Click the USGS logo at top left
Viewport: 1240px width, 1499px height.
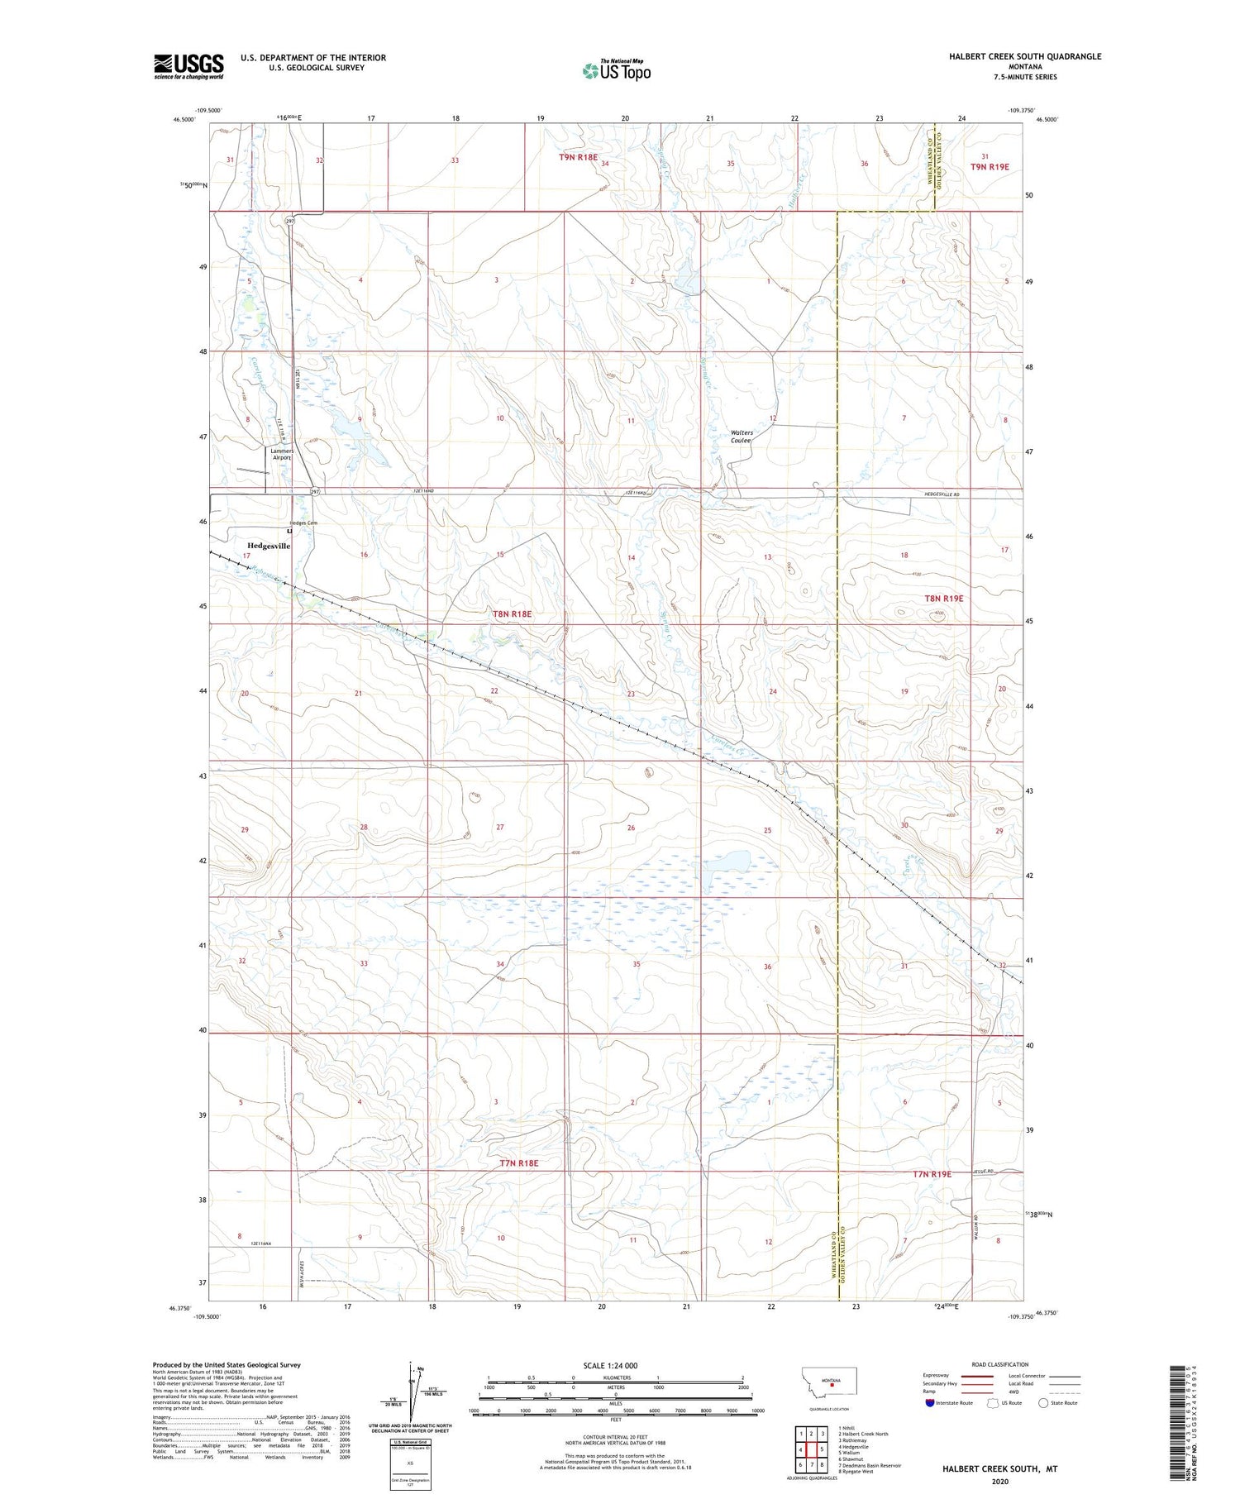pyautogui.click(x=188, y=66)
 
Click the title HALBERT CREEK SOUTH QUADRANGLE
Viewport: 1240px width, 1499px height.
pyautogui.click(x=1025, y=56)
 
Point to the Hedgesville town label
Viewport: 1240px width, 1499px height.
pyautogui.click(x=269, y=546)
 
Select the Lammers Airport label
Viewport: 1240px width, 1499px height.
pyautogui.click(x=282, y=454)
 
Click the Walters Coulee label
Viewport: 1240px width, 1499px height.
pyautogui.click(x=741, y=437)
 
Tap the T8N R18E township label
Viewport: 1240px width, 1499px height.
pyautogui.click(x=513, y=613)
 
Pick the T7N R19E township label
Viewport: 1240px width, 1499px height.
pyautogui.click(x=932, y=1174)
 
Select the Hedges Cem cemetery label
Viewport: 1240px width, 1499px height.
pyautogui.click(x=303, y=523)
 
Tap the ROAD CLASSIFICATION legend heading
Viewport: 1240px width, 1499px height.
pyautogui.click(x=1000, y=1364)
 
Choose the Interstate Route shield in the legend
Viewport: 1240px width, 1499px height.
pyautogui.click(x=930, y=1403)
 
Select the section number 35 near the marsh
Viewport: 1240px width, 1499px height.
pyautogui.click(x=637, y=964)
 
